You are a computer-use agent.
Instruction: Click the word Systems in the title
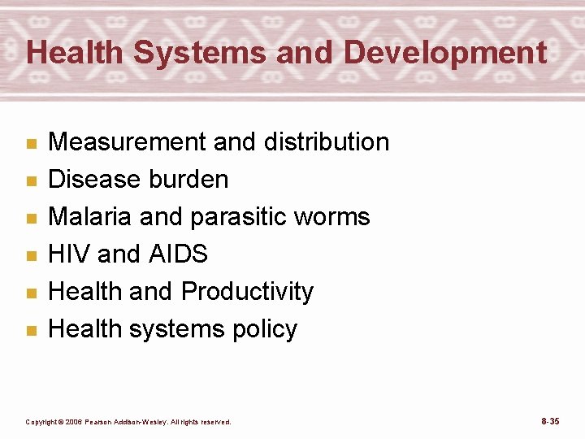click(x=200, y=53)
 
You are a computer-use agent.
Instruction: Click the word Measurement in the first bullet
click(x=128, y=141)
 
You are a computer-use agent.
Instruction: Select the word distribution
click(x=327, y=141)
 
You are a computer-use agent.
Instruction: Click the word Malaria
click(x=89, y=216)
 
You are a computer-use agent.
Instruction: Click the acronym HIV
click(x=69, y=254)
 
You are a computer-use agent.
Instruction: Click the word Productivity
click(x=247, y=291)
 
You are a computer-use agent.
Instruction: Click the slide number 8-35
click(x=550, y=421)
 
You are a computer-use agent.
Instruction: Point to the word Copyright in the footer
click(x=42, y=422)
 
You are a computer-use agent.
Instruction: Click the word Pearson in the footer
click(x=107, y=422)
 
